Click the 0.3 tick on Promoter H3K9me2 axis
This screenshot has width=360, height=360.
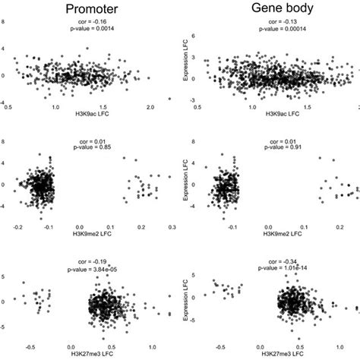coord(172,227)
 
